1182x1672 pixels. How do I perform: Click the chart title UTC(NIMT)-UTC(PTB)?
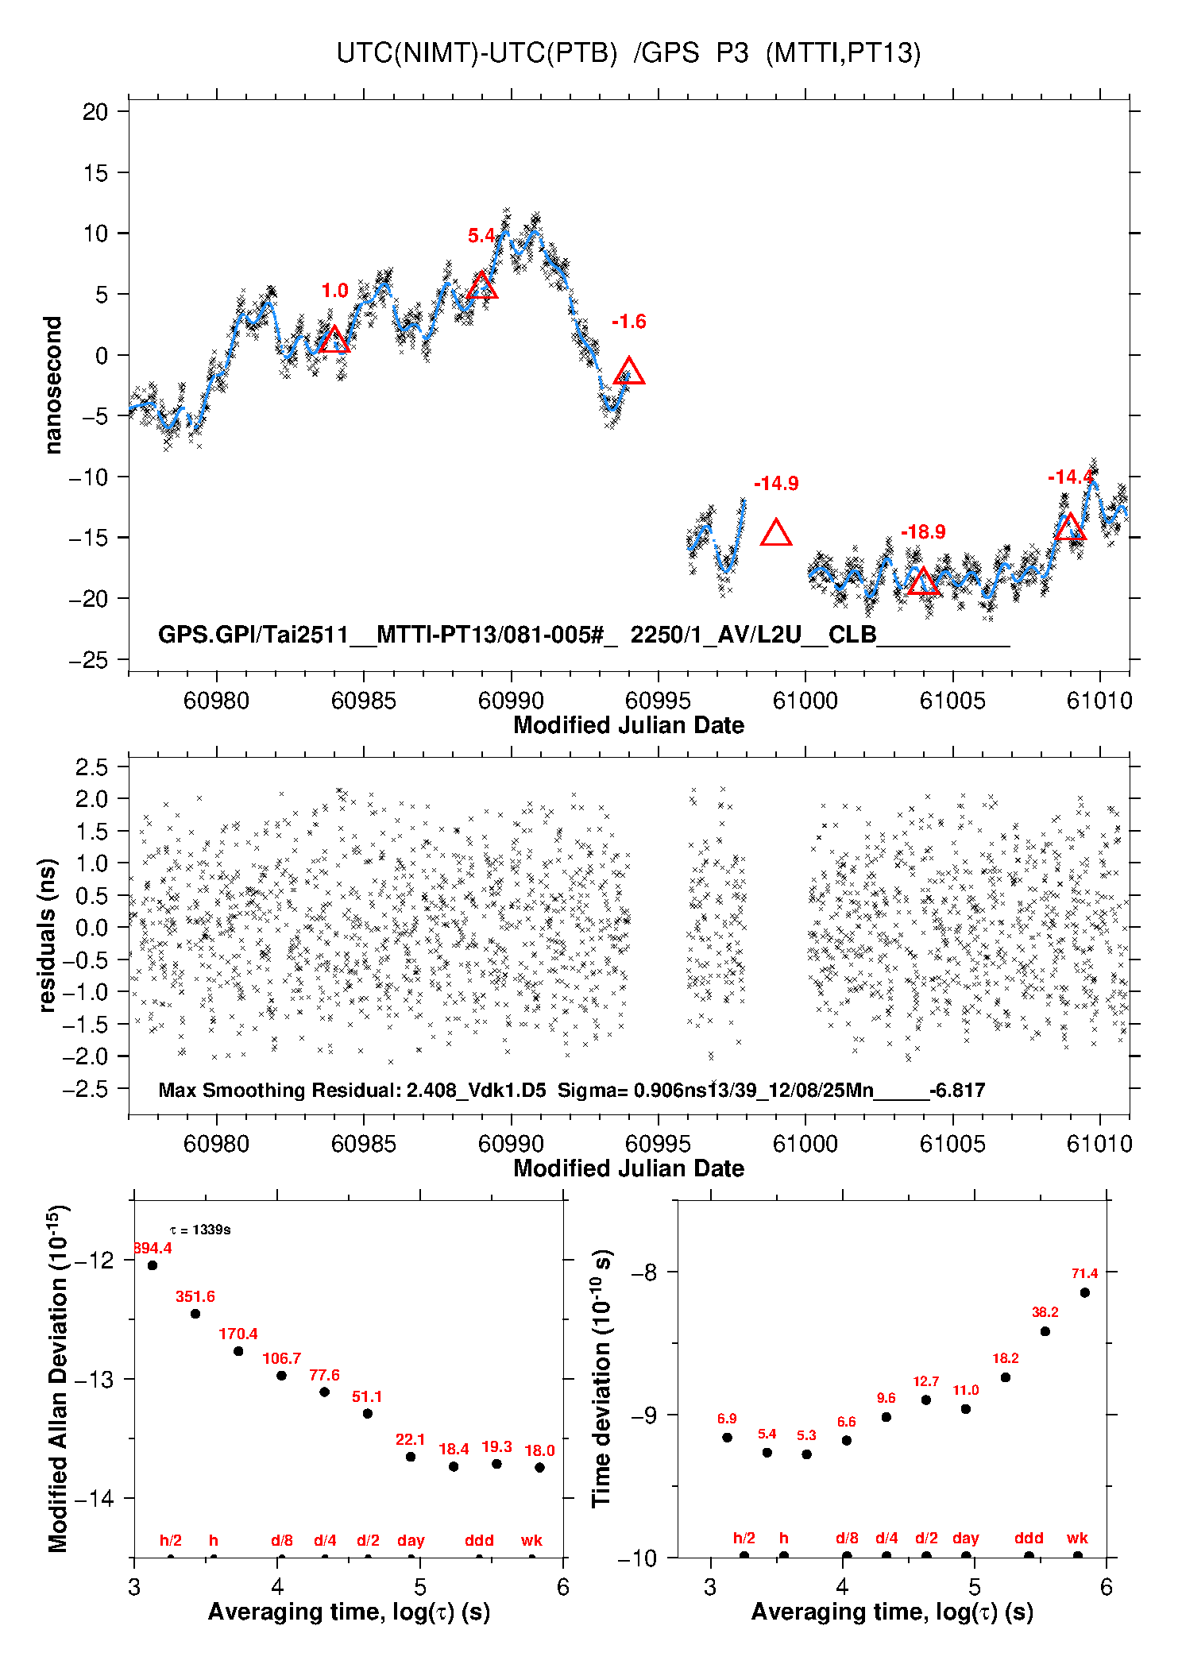[477, 53]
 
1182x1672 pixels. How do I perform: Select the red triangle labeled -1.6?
[629, 372]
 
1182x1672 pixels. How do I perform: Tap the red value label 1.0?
[334, 291]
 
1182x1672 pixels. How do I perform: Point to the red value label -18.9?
[923, 532]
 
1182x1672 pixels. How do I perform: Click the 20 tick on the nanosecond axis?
[95, 112]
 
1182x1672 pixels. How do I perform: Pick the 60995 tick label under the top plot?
[658, 701]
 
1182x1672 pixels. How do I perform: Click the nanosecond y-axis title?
[53, 385]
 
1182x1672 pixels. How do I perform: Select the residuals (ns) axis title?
[48, 935]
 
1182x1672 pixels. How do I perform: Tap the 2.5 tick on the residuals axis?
[91, 767]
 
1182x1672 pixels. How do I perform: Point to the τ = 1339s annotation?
[200, 1230]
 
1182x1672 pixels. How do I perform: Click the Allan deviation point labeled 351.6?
[195, 1314]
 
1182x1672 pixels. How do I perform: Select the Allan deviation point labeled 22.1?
[411, 1457]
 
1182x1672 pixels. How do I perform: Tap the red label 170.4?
[238, 1334]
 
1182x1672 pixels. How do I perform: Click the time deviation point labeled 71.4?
[1084, 1292]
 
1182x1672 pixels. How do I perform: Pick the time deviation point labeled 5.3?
[806, 1454]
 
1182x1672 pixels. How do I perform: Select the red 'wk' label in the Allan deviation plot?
[531, 1541]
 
